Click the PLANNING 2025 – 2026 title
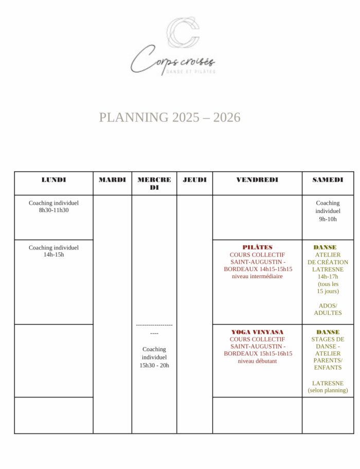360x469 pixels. coord(170,117)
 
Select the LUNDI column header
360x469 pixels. coord(53,180)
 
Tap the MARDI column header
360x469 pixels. coord(112,180)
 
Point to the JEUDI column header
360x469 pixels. coord(194,180)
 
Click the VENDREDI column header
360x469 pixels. coord(257,180)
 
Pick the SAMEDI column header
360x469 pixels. coord(328,180)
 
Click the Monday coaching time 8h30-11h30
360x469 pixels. coord(53,210)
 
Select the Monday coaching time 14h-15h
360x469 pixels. coord(53,255)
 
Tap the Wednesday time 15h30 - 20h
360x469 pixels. coord(154,365)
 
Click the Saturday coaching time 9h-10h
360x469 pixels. coord(328,219)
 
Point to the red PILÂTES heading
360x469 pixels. coord(257,247)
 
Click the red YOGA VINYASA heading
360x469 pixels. coord(257,332)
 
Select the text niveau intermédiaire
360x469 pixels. coord(257,276)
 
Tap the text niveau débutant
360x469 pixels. coord(257,361)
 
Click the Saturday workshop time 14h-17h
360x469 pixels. coord(328,277)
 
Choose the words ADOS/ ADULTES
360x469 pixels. coord(328,309)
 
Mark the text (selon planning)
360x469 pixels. coord(328,390)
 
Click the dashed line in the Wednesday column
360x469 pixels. coord(154,325)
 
